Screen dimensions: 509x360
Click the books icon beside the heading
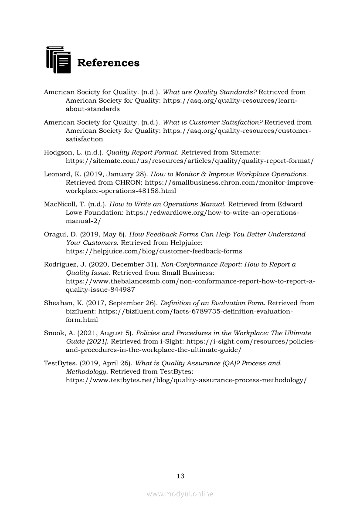(x=58, y=60)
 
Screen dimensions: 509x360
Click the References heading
(x=108, y=63)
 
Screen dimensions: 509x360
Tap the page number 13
(x=180, y=476)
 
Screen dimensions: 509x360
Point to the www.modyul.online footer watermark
(x=180, y=494)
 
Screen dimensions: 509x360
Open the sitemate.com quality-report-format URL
(x=190, y=161)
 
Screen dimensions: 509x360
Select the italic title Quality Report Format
(x=142, y=152)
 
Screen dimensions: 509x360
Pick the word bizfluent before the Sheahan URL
(x=80, y=311)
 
